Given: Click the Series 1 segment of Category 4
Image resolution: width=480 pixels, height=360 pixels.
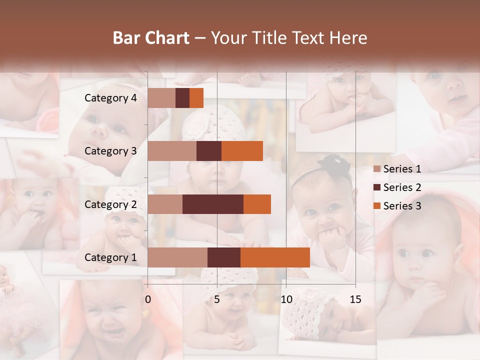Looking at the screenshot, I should [x=161, y=98].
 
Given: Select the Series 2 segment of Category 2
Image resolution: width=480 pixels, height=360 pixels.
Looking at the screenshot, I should [x=213, y=204].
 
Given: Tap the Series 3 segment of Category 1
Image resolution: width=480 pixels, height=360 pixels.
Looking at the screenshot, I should [x=275, y=257].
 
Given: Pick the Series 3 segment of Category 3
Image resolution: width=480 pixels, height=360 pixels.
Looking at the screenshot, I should [x=242, y=151].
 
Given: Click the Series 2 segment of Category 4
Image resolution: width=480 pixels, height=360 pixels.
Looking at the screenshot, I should [x=182, y=98].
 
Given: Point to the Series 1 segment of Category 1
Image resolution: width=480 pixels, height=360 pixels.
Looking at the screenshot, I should [x=177, y=257].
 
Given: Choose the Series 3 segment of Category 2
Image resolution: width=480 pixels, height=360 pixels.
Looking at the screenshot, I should [x=257, y=204].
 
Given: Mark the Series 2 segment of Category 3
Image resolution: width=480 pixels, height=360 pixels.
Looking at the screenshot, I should [x=209, y=151].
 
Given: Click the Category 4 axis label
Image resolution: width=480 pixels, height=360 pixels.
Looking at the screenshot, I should [x=110, y=98].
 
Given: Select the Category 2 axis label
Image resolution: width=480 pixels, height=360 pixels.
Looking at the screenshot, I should [x=110, y=204].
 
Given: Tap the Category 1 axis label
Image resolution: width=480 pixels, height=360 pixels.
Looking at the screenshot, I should [x=110, y=257].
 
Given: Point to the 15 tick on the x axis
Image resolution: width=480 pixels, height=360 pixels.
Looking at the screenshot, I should [x=355, y=299].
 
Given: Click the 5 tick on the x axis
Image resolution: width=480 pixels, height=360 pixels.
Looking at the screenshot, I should [x=217, y=299].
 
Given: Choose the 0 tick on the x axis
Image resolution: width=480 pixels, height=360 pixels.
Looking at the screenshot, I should [x=148, y=299].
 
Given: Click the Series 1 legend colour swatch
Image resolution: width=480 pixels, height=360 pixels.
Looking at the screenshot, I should [x=377, y=169].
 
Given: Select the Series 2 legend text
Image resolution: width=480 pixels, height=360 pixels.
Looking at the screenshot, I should [x=402, y=187].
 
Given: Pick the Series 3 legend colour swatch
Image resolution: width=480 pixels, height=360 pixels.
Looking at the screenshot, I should [x=377, y=206].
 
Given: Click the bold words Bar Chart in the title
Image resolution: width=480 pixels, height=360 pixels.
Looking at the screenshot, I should [x=151, y=37].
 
